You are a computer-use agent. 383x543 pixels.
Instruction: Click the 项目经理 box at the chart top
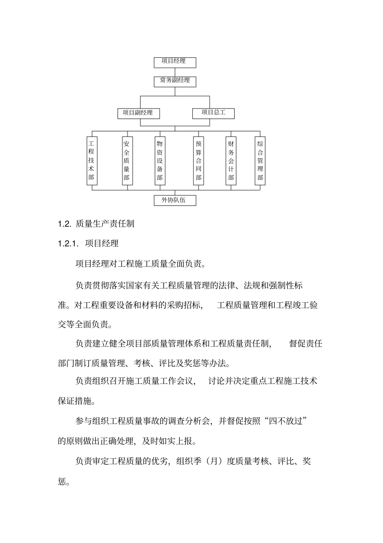point(175,62)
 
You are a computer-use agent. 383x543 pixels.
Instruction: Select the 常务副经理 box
point(175,81)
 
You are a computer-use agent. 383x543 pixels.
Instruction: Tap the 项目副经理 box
point(138,113)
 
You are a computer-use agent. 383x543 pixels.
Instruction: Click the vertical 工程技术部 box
point(92,161)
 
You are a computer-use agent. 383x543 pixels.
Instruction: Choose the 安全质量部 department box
point(127,161)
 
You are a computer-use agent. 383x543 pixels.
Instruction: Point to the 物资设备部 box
point(160,161)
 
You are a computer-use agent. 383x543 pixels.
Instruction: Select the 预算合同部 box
point(198,161)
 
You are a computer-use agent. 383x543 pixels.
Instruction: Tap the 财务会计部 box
point(231,161)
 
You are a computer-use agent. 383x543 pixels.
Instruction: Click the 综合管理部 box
point(260,161)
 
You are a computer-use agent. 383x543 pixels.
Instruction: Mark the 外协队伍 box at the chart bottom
point(175,200)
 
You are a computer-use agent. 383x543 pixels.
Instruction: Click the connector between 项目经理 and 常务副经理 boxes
point(175,71)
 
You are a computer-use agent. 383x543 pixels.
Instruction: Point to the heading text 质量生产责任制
point(105,224)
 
